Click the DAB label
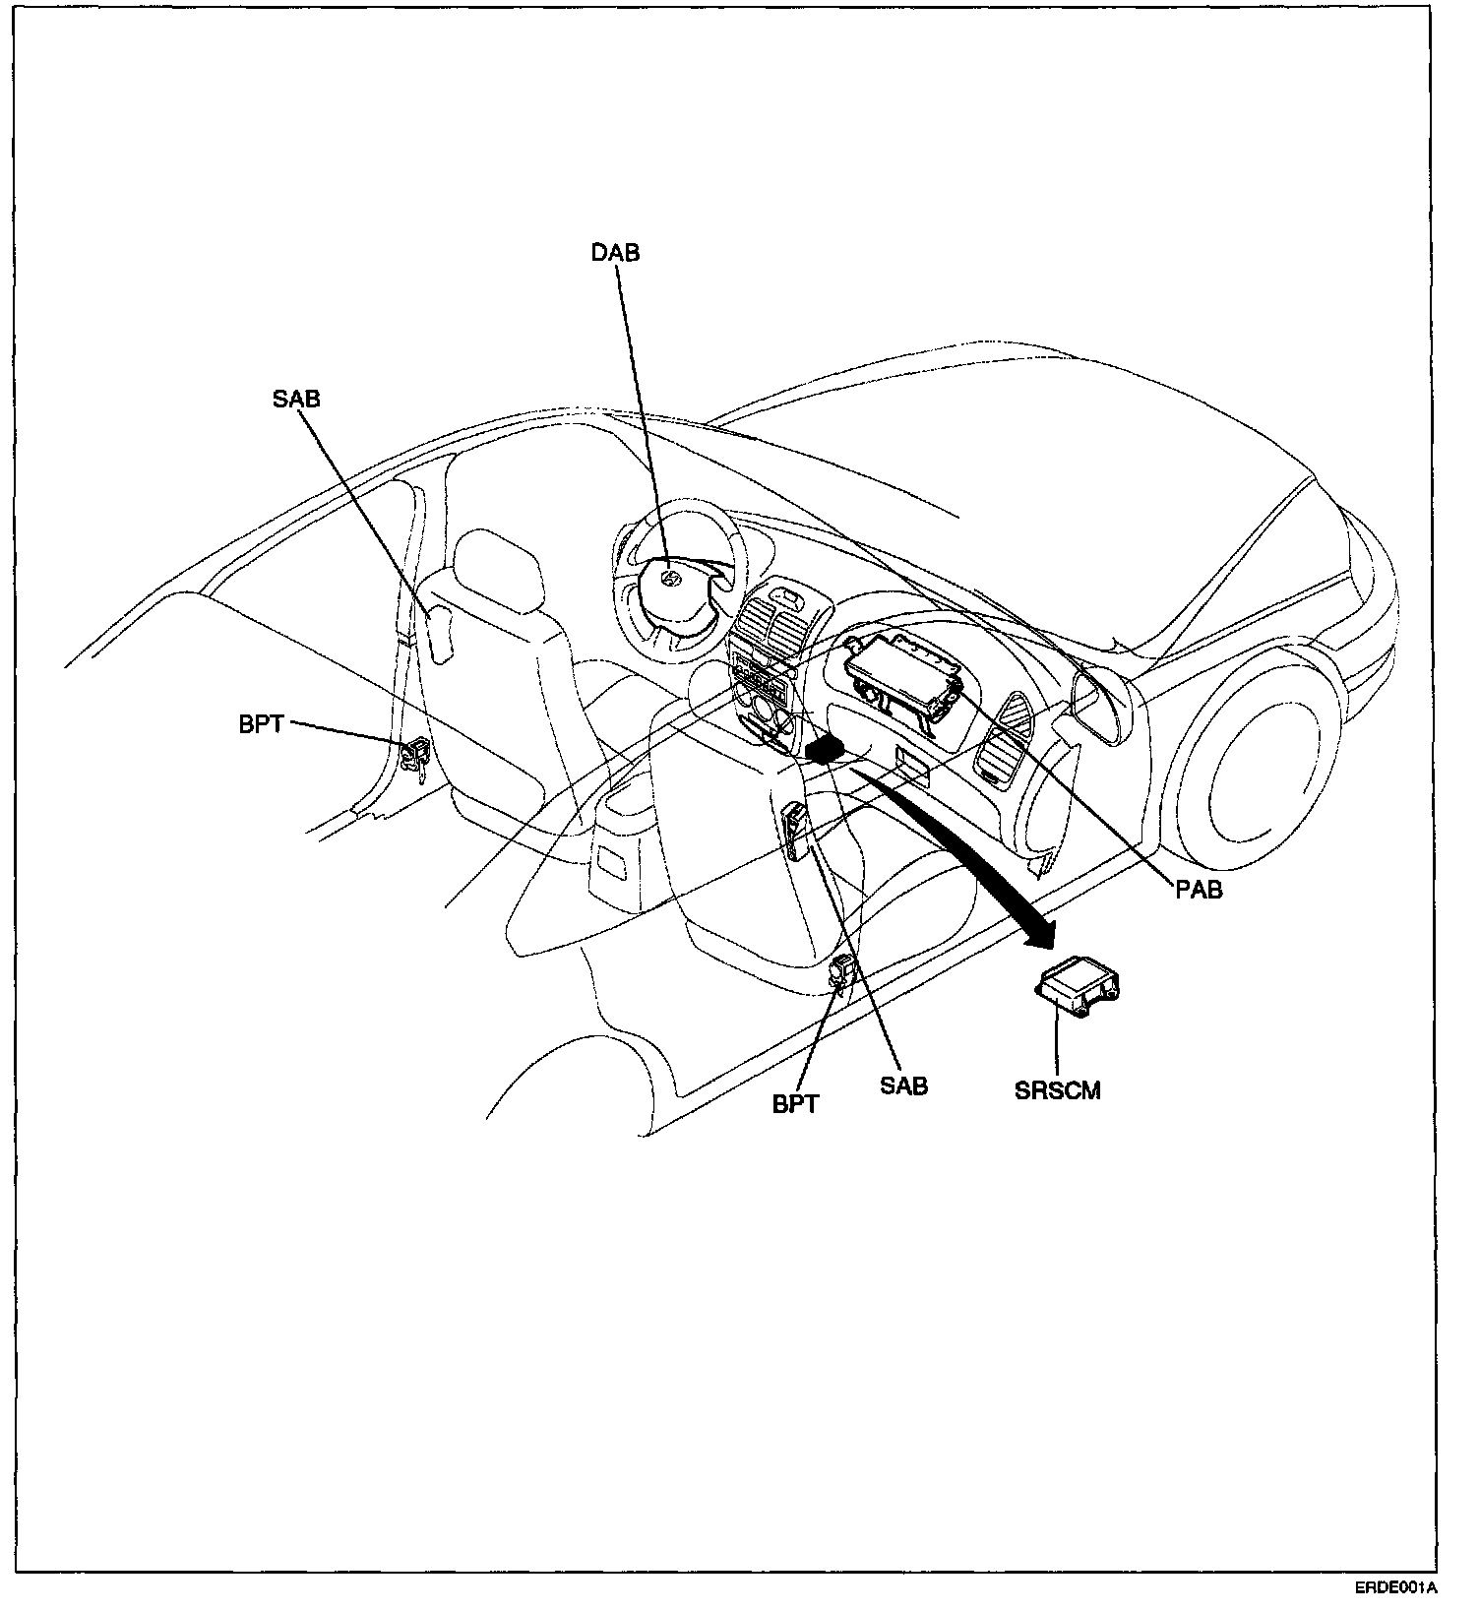coord(615,253)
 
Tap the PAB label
coord(1199,891)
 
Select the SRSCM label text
coord(1058,1089)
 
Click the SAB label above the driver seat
coord(296,400)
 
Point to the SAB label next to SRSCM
coord(903,1085)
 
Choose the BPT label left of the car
coord(261,724)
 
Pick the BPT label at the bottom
coord(795,1104)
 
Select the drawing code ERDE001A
coord(1395,1588)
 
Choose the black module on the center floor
coord(825,750)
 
